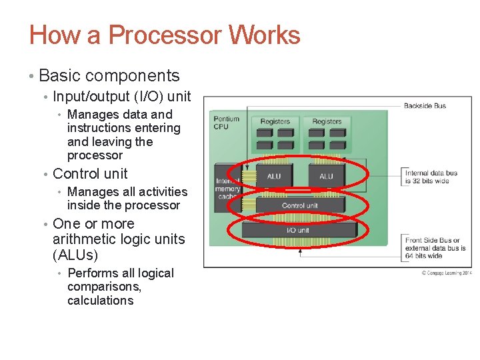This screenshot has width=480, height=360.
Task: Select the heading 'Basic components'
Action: coord(109,76)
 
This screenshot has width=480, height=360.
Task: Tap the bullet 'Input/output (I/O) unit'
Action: coord(121,97)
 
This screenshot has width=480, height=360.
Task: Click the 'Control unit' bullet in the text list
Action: coord(90,174)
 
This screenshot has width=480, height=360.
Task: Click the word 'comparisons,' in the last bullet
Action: coord(104,287)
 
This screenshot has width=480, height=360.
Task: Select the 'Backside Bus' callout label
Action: coord(425,105)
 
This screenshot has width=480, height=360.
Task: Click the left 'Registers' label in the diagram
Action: coord(275,121)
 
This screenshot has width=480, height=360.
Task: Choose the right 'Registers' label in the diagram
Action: coord(326,121)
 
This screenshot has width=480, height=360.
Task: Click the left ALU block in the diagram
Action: coord(274,176)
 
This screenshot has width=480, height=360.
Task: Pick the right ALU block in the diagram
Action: coord(326,176)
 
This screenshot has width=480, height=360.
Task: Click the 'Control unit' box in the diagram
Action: coord(299,205)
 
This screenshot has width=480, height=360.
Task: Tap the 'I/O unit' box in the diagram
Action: coord(297,230)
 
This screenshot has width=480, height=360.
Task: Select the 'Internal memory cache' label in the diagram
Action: coord(227,189)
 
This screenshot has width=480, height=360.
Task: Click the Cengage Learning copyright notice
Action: coord(445,273)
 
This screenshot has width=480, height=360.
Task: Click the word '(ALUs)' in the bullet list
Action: coord(75,255)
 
